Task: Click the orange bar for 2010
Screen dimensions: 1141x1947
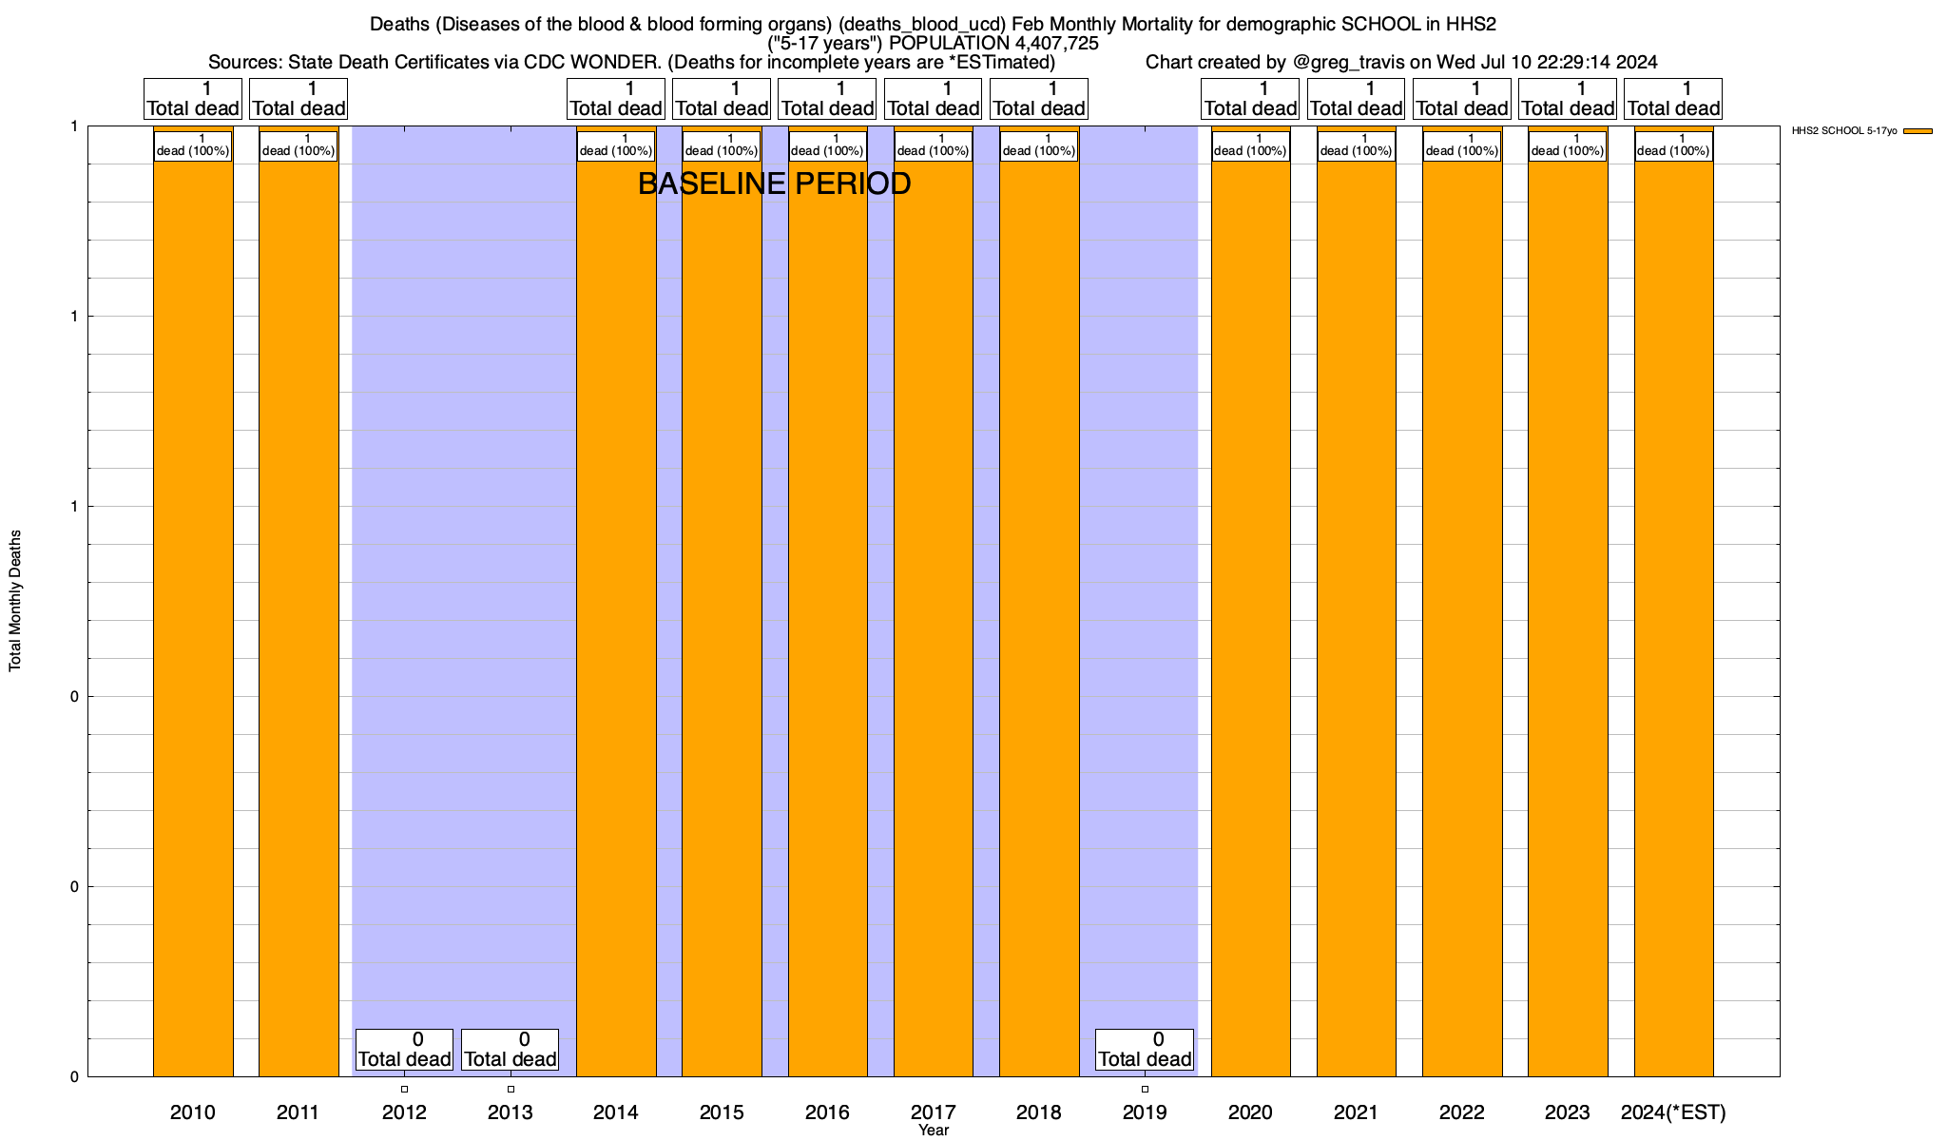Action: [193, 609]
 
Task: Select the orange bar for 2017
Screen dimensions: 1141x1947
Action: [934, 609]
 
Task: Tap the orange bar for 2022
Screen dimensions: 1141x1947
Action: [1462, 609]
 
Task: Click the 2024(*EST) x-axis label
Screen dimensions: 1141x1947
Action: [1673, 1112]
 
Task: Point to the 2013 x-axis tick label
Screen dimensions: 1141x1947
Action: [511, 1112]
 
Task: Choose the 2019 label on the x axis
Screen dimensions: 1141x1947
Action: [1145, 1112]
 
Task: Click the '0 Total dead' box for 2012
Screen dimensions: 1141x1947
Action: [404, 1050]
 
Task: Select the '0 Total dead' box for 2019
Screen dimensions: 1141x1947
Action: [1145, 1050]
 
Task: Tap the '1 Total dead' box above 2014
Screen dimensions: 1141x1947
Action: [616, 99]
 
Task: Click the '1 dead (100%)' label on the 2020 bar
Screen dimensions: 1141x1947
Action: [1250, 145]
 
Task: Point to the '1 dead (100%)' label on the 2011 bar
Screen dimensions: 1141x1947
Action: [299, 145]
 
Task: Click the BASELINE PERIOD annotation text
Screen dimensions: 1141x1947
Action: [774, 184]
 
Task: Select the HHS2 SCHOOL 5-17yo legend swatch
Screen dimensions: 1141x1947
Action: [1918, 131]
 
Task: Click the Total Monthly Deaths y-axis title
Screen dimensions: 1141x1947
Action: [15, 601]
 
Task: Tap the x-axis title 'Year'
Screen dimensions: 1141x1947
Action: [934, 1130]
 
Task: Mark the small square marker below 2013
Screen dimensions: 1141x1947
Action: [511, 1089]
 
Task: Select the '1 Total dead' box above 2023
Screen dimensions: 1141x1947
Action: [1568, 99]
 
